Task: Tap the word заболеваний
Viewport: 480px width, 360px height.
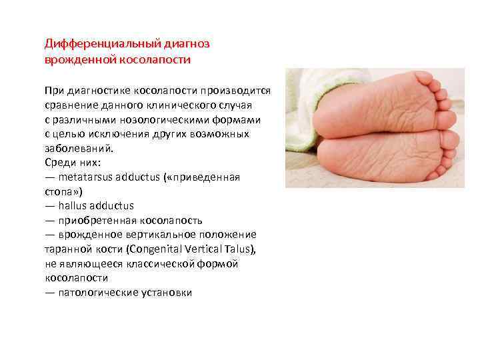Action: pos(77,149)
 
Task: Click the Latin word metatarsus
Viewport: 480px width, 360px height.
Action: pos(85,178)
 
